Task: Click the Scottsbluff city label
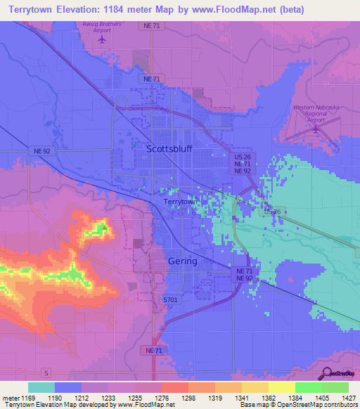[x=169, y=149]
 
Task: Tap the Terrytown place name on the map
[x=180, y=202]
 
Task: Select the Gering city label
[x=183, y=261]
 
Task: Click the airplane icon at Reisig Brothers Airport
[x=103, y=39]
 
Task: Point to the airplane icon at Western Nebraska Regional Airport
[x=316, y=129]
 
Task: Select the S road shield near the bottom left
[x=46, y=372]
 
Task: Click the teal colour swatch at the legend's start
[x=41, y=387]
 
